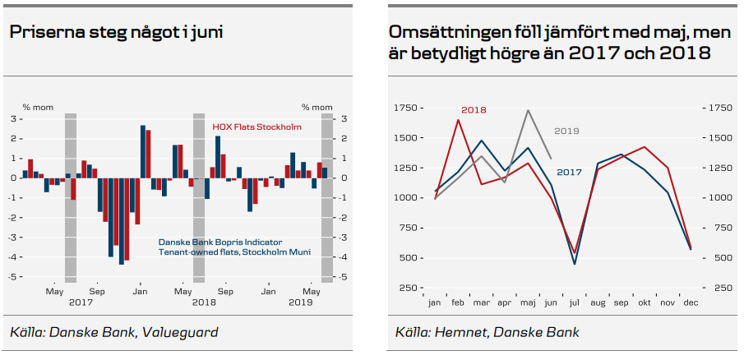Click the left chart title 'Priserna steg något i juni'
[x=116, y=33]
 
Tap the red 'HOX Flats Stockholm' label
[x=256, y=127]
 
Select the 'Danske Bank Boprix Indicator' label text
[x=220, y=242]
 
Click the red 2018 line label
[x=474, y=109]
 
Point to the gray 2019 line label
[x=566, y=131]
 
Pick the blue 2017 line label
[x=569, y=172]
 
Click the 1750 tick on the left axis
[x=407, y=108]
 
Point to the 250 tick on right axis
[x=720, y=288]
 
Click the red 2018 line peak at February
[x=458, y=120]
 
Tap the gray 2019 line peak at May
[x=528, y=110]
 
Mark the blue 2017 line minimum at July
[x=574, y=263]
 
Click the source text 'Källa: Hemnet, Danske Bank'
[x=487, y=332]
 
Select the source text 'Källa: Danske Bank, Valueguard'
[x=114, y=332]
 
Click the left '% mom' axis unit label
[x=38, y=107]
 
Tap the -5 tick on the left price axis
[x=13, y=277]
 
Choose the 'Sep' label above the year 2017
[x=97, y=292]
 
